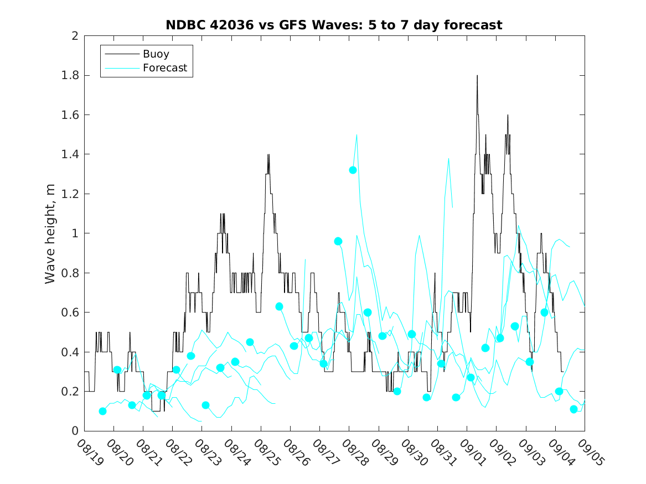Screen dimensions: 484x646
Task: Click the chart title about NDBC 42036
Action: [x=334, y=25]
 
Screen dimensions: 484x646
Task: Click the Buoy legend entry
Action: [x=156, y=54]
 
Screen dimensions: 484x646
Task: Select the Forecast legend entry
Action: [x=164, y=69]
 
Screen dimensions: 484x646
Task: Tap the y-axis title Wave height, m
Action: [x=50, y=233]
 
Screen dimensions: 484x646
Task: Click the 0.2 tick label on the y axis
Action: [x=70, y=392]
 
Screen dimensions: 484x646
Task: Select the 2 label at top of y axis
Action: [x=74, y=36]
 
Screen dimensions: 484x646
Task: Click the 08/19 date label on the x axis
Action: [x=85, y=451]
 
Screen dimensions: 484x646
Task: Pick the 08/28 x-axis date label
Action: [x=350, y=451]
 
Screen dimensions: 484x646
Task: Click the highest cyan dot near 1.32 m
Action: [x=353, y=170]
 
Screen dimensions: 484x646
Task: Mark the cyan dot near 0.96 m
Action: [x=338, y=241]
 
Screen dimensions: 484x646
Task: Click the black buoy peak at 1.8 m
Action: [x=477, y=76]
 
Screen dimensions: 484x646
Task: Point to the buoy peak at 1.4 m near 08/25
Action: [x=268, y=155]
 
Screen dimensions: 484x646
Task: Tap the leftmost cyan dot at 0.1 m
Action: [x=102, y=411]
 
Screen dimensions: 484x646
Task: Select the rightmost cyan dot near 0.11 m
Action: [x=573, y=409]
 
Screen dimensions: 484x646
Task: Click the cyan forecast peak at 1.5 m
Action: [x=356, y=134]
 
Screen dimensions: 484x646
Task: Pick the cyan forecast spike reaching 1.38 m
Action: [x=448, y=158]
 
